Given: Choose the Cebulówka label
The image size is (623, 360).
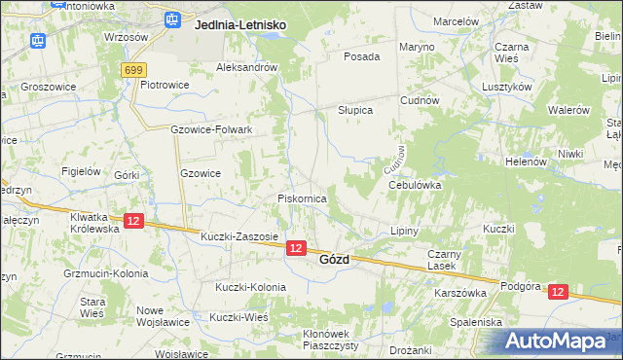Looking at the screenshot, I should pyautogui.click(x=415, y=184).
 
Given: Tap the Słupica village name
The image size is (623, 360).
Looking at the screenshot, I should pyautogui.click(x=355, y=110).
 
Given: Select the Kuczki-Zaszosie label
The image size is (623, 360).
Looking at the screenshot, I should pyautogui.click(x=239, y=236).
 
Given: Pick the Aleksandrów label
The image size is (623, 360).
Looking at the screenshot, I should pyautogui.click(x=247, y=67).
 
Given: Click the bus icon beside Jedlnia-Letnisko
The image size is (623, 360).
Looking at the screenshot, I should pyautogui.click(x=173, y=18).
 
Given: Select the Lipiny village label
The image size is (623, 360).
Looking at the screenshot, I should pyautogui.click(x=403, y=232).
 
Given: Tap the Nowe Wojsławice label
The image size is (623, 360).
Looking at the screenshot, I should pyautogui.click(x=164, y=316).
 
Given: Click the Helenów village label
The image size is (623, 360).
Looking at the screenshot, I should pyautogui.click(x=526, y=162).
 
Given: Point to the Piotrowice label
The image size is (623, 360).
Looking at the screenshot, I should pyautogui.click(x=165, y=85).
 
